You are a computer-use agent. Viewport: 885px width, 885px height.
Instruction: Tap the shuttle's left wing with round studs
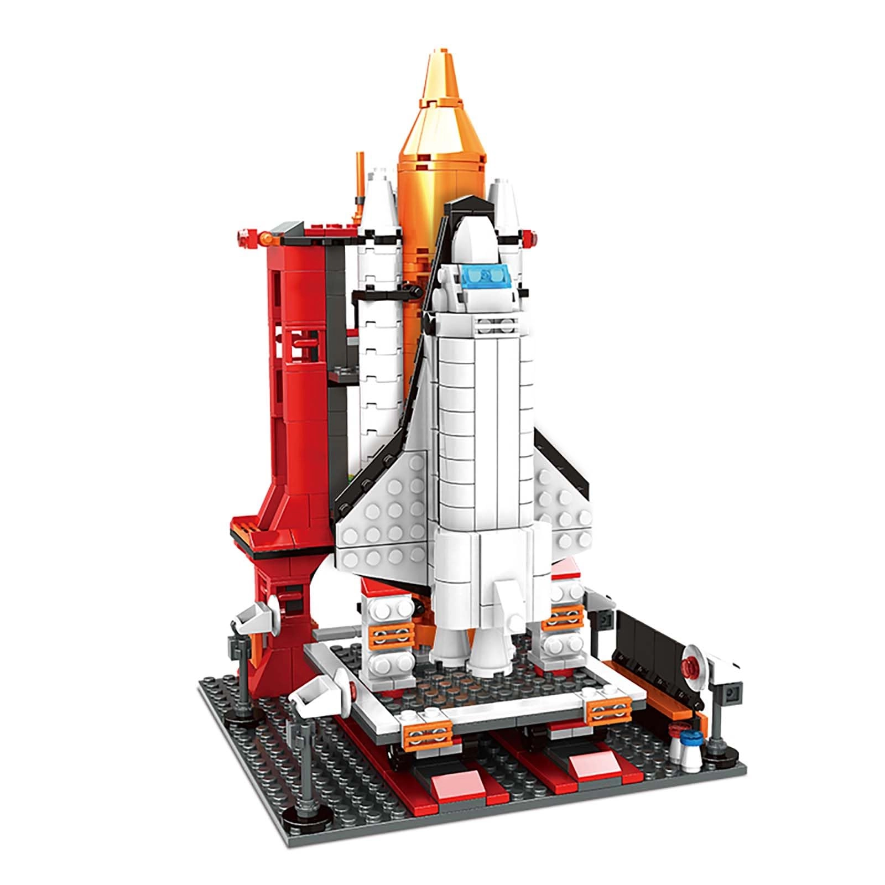tap(382, 509)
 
